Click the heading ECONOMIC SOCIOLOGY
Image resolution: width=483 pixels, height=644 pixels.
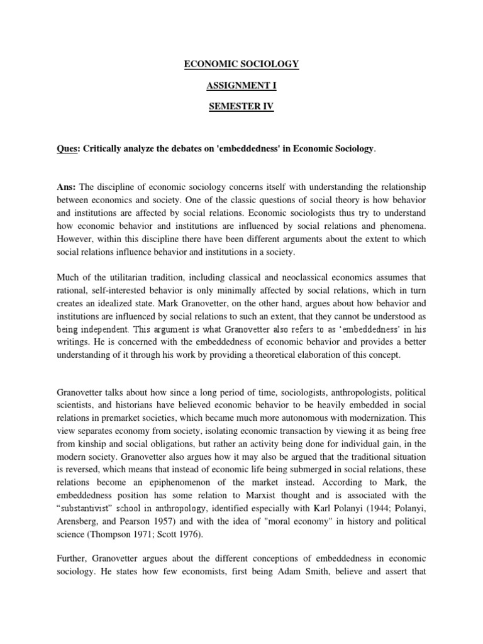241,64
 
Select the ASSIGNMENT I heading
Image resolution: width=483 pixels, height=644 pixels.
241,86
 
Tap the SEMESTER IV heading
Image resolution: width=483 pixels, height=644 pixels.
241,107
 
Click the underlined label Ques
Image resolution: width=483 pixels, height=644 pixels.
69,148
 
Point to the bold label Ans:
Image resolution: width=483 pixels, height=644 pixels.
67,187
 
